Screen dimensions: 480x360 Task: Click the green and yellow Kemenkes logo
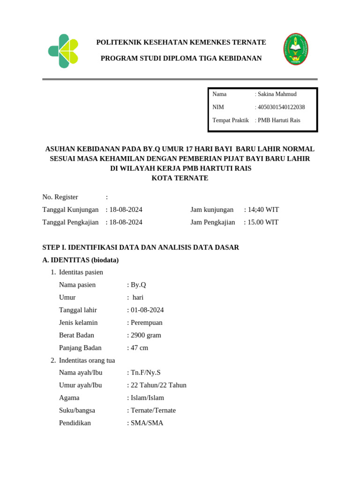[63, 51]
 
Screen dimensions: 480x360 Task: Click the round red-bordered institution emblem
[296, 49]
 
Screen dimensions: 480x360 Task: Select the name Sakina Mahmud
[277, 94]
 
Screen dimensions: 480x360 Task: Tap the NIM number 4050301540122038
[281, 107]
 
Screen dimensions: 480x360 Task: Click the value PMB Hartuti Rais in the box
[279, 120]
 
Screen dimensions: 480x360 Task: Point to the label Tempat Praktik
[231, 120]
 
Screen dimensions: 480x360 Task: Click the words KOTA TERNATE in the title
[180, 178]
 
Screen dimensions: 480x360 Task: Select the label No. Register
[60, 197]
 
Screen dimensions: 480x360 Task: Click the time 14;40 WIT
[263, 210]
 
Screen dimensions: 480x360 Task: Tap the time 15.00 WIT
[263, 222]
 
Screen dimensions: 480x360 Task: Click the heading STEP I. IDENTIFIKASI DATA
[141, 247]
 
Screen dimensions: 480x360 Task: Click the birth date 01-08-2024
[147, 310]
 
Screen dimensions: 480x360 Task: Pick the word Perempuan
[147, 322]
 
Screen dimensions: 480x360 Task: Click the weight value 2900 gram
[146, 335]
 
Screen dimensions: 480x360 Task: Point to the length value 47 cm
[139, 348]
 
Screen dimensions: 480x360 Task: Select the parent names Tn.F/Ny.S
[145, 373]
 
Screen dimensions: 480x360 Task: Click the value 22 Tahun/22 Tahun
[158, 385]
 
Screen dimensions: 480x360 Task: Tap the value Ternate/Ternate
[153, 411]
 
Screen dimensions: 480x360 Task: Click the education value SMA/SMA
[147, 423]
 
